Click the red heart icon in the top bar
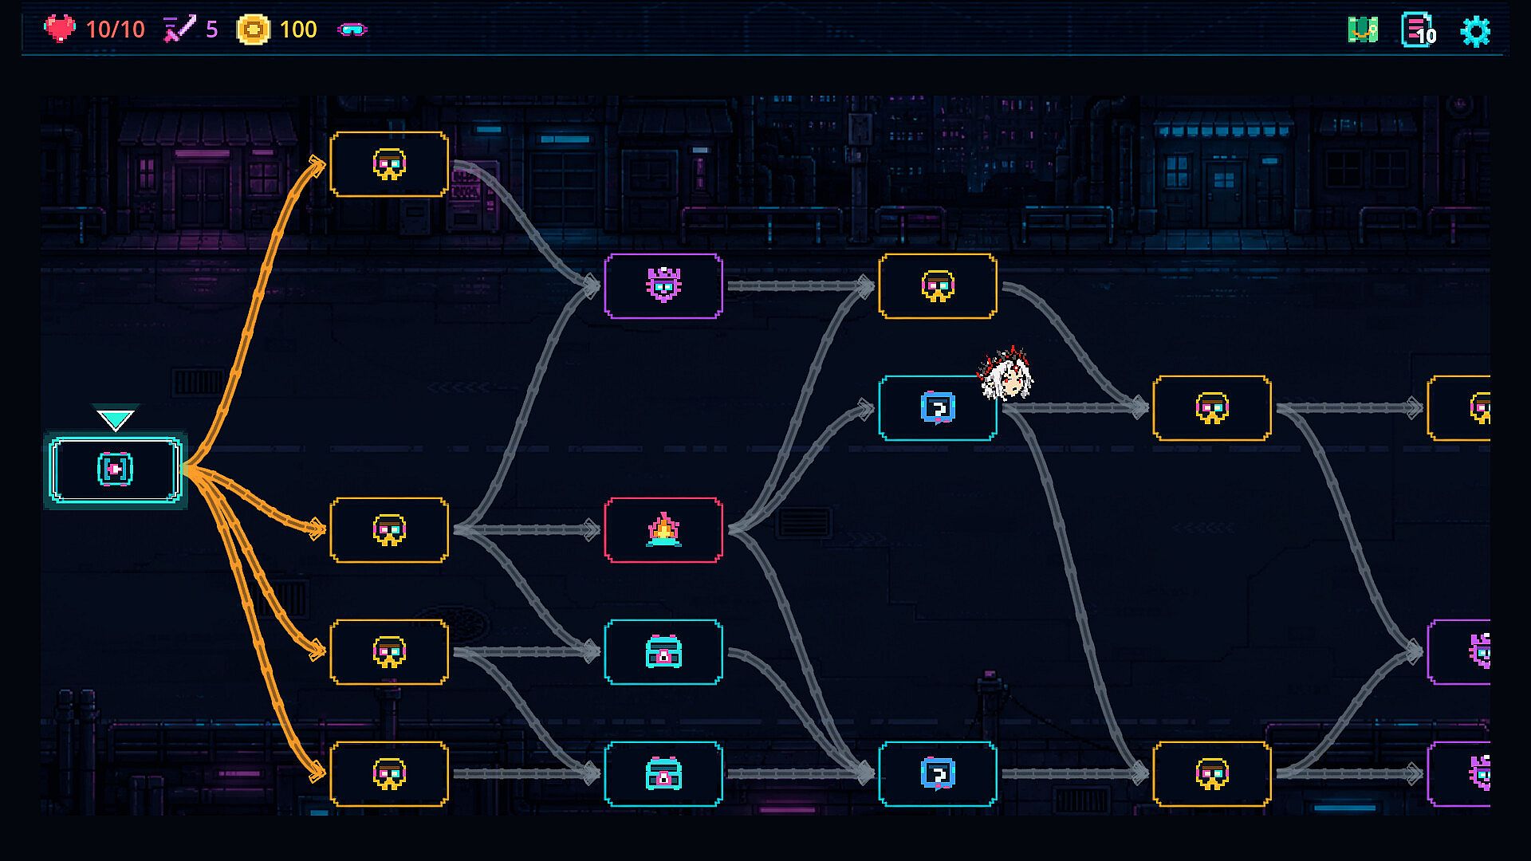(59, 29)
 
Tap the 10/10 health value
(115, 29)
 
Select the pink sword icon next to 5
(179, 29)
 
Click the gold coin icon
(254, 29)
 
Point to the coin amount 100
(298, 29)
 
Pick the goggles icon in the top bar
(352, 29)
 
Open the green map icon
(1363, 30)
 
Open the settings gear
(1475, 31)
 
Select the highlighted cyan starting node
(116, 470)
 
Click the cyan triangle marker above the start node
(116, 418)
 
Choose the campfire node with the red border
(663, 530)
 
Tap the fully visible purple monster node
(663, 286)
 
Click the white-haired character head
(1006, 373)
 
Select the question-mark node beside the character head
(938, 408)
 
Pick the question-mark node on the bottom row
(938, 774)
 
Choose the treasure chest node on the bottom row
(663, 774)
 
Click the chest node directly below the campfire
(663, 652)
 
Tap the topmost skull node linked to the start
(389, 164)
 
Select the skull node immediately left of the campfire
(389, 530)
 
